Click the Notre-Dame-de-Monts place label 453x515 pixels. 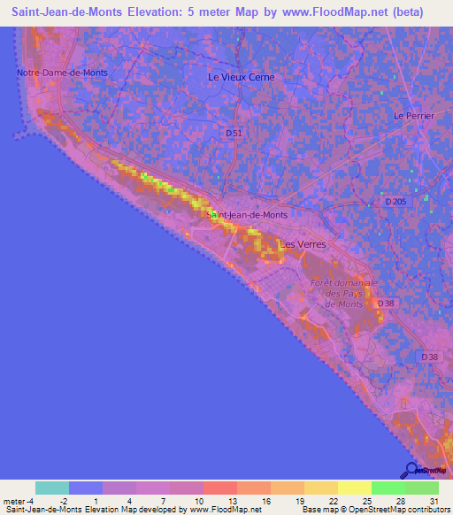pyautogui.click(x=55, y=72)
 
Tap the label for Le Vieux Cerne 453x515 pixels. pyautogui.click(x=241, y=77)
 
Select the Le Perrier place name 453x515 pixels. pyautogui.click(x=411, y=116)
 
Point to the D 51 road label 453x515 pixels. pyautogui.click(x=234, y=133)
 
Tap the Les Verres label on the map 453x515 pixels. pyautogui.click(x=303, y=243)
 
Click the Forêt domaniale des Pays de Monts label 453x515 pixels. pyautogui.click(x=343, y=293)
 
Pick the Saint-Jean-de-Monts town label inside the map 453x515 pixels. pyautogui.click(x=247, y=214)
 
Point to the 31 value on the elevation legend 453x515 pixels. pyautogui.click(x=434, y=501)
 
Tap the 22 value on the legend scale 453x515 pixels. pyautogui.click(x=334, y=501)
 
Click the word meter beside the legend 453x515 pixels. pyautogui.click(x=16, y=501)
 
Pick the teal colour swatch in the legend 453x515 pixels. pyautogui.click(x=52, y=488)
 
